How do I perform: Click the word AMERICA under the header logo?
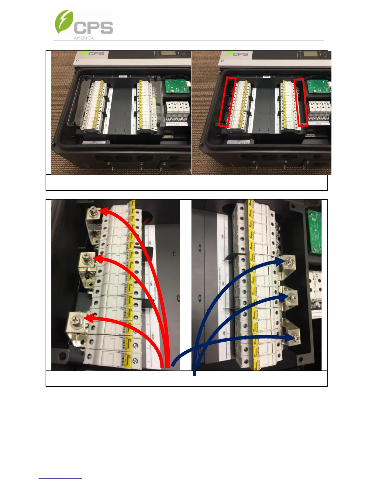point(84,38)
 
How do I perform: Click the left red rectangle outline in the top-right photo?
point(227,102)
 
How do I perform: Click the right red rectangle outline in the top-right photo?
point(301,102)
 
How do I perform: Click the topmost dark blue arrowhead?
point(279,262)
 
